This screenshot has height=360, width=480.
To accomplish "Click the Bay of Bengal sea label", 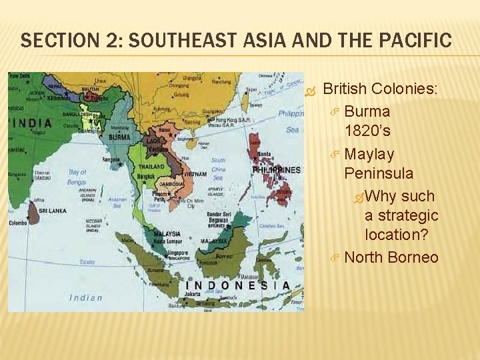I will coord(77,176).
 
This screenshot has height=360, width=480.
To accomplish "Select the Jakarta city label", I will coord(193,293).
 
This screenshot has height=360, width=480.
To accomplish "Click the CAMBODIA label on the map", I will coord(171,184).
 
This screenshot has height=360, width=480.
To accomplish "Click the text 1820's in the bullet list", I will coord(368,131).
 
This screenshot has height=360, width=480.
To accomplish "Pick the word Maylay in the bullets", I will coord(370,154).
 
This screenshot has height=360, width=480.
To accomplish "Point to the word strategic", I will coord(409,215).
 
